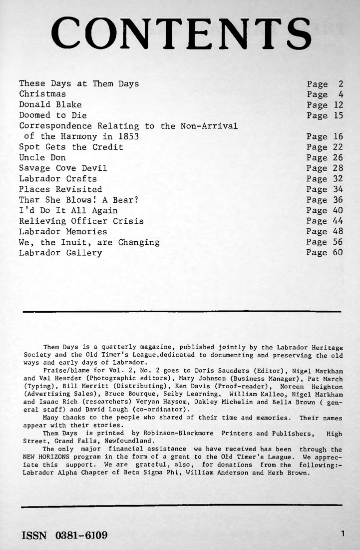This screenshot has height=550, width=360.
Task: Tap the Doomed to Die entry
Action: pyautogui.click(x=52, y=115)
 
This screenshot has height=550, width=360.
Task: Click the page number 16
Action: pyautogui.click(x=338, y=136)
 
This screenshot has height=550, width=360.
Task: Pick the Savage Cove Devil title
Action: pyautogui.click(x=63, y=168)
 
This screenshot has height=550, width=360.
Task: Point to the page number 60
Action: pyautogui.click(x=338, y=253)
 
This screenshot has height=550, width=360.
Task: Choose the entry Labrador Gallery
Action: pyautogui.click(x=60, y=253)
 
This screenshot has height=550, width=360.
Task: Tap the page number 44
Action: pyautogui.click(x=338, y=221)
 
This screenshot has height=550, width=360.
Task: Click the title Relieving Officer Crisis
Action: pyautogui.click(x=81, y=221)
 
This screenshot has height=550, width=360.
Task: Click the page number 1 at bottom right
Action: pyautogui.click(x=342, y=534)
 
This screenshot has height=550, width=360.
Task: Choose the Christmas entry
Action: pyautogui.click(x=42, y=94)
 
